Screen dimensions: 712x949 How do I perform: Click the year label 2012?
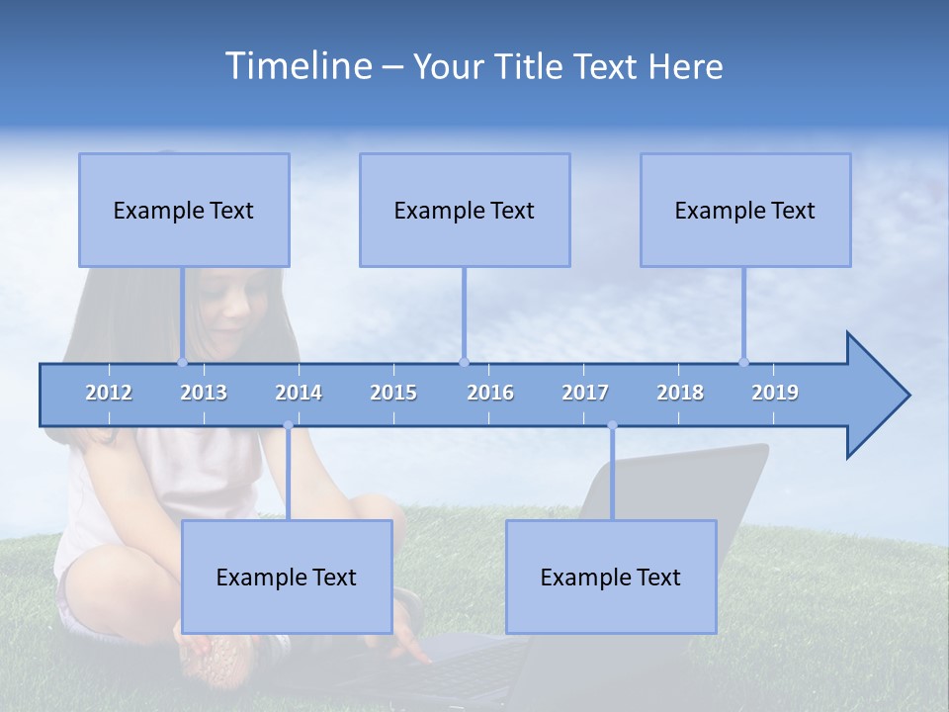point(109,393)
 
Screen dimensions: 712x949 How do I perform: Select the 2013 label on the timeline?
point(204,393)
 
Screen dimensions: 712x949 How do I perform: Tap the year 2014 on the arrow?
point(299,393)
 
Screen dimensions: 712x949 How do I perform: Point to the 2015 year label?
point(393,393)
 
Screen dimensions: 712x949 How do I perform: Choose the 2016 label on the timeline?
point(490,393)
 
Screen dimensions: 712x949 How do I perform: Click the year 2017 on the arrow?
point(585,393)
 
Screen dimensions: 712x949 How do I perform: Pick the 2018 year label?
point(680,393)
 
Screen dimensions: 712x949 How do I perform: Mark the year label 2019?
point(775,393)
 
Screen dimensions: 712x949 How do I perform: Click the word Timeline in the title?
point(297,66)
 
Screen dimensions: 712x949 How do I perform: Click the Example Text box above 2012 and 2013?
point(184,210)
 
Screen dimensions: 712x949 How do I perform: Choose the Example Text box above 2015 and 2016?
point(465,210)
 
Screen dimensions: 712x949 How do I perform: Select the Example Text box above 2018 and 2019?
point(745,210)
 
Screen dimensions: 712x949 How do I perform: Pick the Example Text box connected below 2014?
point(287,577)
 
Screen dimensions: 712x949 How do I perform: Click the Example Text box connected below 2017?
point(611,577)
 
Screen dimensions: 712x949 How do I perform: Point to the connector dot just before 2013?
point(182,362)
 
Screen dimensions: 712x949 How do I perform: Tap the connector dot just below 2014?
point(288,425)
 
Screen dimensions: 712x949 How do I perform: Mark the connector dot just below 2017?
point(612,425)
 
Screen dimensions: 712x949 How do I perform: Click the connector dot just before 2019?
point(743,362)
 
